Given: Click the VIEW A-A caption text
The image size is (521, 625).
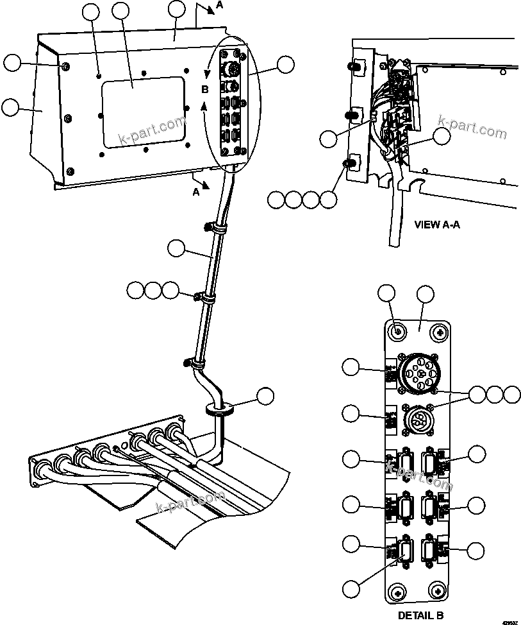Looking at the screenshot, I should pyautogui.click(x=438, y=225).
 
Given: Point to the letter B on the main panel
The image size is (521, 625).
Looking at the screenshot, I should pyautogui.click(x=205, y=89).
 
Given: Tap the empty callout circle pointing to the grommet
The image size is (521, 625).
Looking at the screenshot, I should pyautogui.click(x=266, y=397).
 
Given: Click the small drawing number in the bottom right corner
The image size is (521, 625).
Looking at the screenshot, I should pyautogui.click(x=511, y=621).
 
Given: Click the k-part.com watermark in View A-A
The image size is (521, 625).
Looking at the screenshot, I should pyautogui.click(x=472, y=126).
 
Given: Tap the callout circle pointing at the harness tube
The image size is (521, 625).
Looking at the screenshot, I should pyautogui.click(x=176, y=248).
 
